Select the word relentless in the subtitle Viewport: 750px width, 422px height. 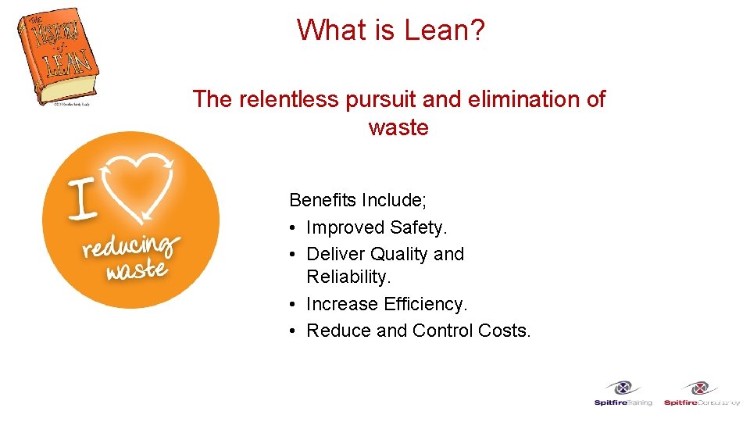click(x=281, y=99)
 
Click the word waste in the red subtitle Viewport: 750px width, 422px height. click(x=398, y=127)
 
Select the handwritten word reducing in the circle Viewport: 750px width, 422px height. click(x=130, y=246)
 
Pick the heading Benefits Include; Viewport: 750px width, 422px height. click(x=358, y=200)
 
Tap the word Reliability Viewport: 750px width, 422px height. click(x=348, y=277)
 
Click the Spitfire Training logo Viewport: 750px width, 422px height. click(x=623, y=393)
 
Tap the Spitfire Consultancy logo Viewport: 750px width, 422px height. click(x=701, y=393)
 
